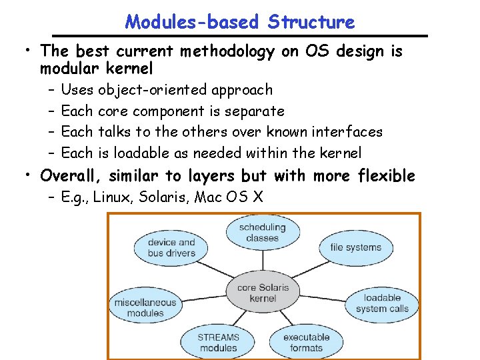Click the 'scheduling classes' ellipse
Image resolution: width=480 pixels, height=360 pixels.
click(x=262, y=233)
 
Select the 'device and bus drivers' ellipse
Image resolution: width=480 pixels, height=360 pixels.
click(x=171, y=247)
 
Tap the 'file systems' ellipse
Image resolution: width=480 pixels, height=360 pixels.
click(x=355, y=247)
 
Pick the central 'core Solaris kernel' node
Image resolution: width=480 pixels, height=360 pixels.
click(x=263, y=293)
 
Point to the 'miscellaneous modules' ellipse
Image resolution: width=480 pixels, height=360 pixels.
click(x=145, y=307)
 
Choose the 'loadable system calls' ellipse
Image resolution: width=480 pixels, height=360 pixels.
click(x=382, y=303)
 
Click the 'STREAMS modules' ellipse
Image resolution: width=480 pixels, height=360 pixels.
click(x=218, y=342)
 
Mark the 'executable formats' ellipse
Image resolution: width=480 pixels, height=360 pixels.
click(x=306, y=342)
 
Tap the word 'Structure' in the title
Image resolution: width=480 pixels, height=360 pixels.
click(x=311, y=22)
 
